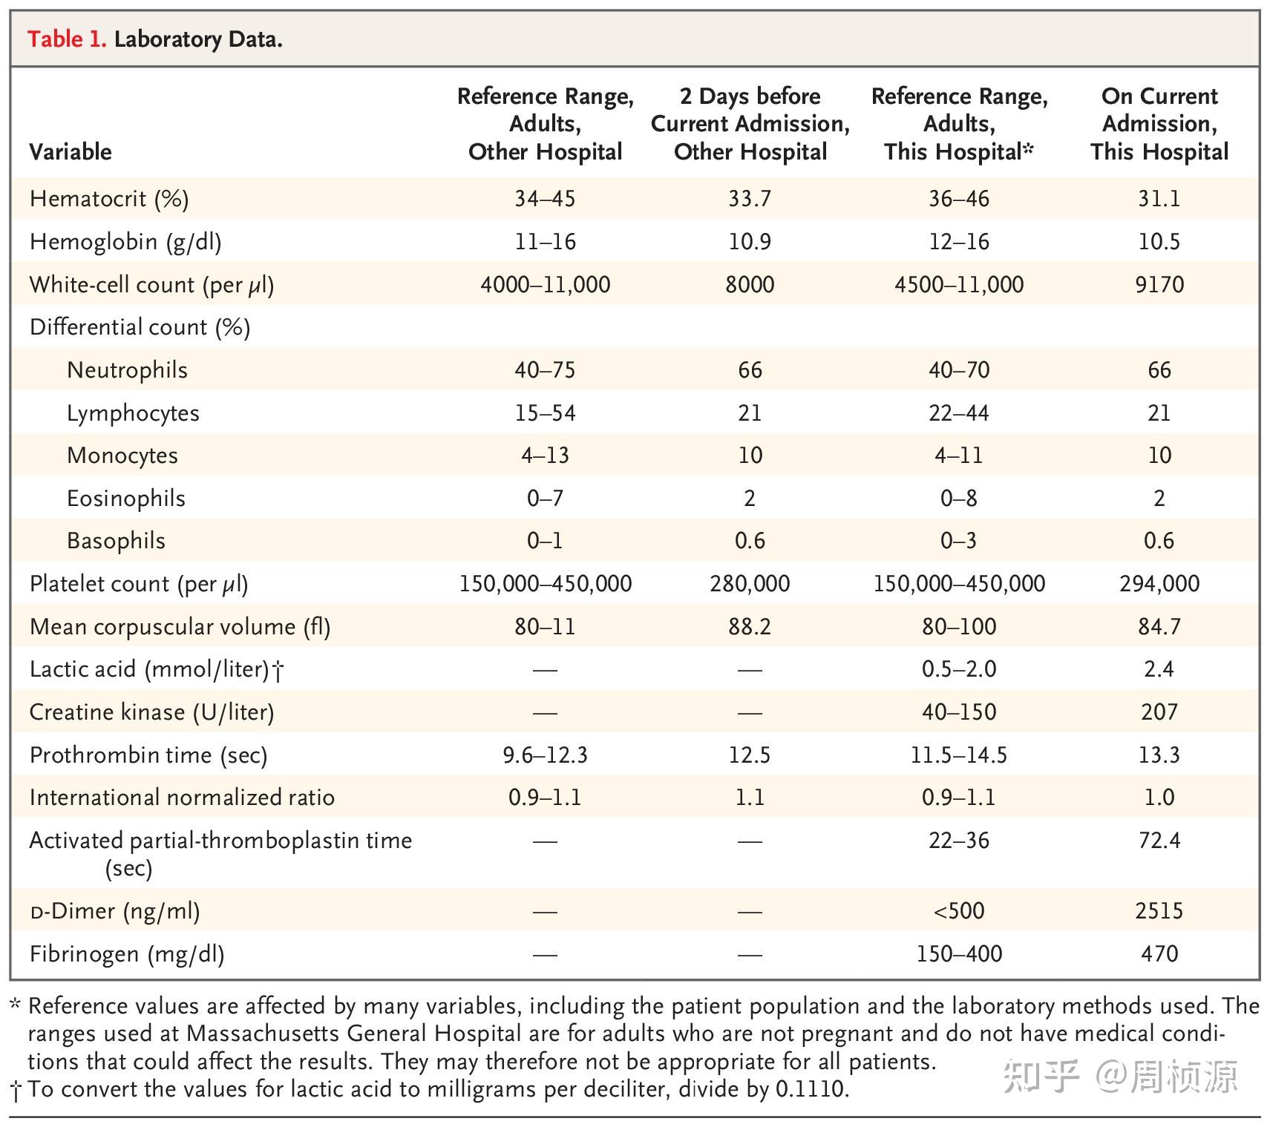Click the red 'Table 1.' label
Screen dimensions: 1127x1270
[x=67, y=39]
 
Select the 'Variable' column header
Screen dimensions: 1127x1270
[x=71, y=152]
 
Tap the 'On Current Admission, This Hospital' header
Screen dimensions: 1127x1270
[x=1159, y=124]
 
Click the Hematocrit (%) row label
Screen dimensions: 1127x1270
[x=109, y=199]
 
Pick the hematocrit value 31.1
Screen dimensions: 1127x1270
[x=1159, y=199]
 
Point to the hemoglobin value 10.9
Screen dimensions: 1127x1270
[x=750, y=242]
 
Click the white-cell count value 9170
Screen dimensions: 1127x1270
[x=1159, y=285]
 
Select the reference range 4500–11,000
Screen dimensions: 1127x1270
[x=958, y=285]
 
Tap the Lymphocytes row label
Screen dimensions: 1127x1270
[x=133, y=413]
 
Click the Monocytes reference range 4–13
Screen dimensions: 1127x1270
[x=545, y=456]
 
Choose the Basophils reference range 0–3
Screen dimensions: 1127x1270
[x=958, y=541]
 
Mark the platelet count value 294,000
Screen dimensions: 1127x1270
[x=1159, y=584]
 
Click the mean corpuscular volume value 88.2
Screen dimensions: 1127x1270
[x=750, y=627]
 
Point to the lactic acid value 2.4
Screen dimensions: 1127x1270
[x=1159, y=669]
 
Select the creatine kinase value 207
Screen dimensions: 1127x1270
[x=1159, y=712]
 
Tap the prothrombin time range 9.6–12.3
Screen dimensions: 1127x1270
[x=545, y=755]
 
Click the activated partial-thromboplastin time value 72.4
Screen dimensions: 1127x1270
[x=1159, y=841]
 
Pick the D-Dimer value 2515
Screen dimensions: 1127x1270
[x=1159, y=911]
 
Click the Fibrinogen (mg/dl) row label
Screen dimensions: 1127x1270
[x=127, y=954]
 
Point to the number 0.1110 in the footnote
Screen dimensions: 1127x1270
[x=810, y=1089]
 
